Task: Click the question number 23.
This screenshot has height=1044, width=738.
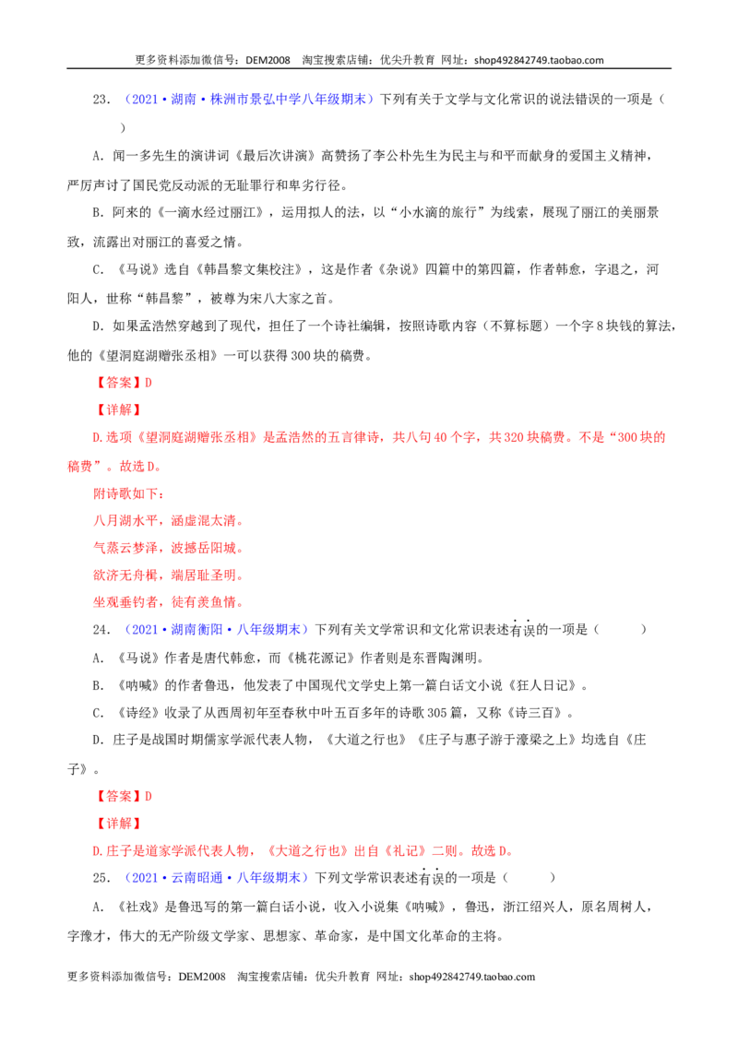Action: (x=101, y=100)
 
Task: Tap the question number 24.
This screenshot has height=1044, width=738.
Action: (x=101, y=630)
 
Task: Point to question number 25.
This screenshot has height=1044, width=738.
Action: (x=101, y=878)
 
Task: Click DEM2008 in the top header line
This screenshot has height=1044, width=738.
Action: (x=268, y=60)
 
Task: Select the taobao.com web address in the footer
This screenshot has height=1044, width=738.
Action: (x=472, y=977)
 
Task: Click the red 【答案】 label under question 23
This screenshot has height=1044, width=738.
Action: (x=118, y=383)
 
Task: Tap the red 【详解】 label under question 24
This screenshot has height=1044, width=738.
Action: (x=118, y=824)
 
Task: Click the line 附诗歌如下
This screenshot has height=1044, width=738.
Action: (x=128, y=493)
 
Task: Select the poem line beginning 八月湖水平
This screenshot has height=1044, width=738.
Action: (x=169, y=521)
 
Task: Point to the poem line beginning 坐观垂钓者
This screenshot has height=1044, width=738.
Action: (x=169, y=602)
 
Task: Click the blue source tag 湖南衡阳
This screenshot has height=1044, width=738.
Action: (x=196, y=630)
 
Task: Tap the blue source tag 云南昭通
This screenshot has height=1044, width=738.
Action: (x=196, y=878)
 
